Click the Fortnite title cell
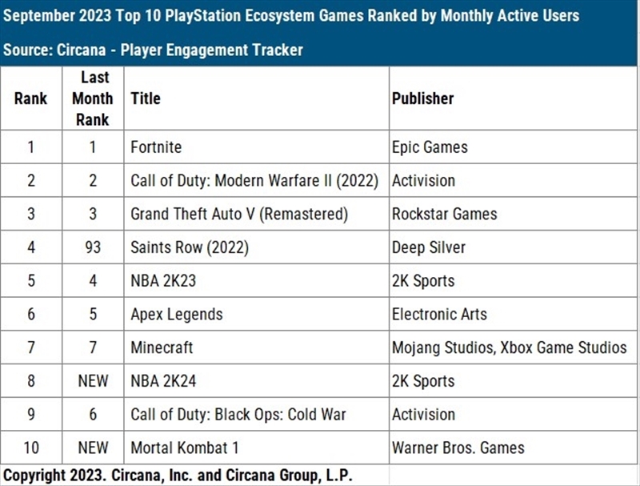156,147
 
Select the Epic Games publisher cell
430,147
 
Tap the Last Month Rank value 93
93,247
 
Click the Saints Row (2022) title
190,247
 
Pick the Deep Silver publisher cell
428,247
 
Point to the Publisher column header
422,98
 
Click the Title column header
146,98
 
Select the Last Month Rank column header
93,98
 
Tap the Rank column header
30,98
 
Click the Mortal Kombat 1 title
184,448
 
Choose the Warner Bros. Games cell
458,448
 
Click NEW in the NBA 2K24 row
93,381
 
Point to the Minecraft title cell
162,347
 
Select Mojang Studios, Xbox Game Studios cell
509,347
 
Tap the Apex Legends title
176,314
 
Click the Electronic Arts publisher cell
438,314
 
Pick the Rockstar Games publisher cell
444,214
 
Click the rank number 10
31,448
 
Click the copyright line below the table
178,475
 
